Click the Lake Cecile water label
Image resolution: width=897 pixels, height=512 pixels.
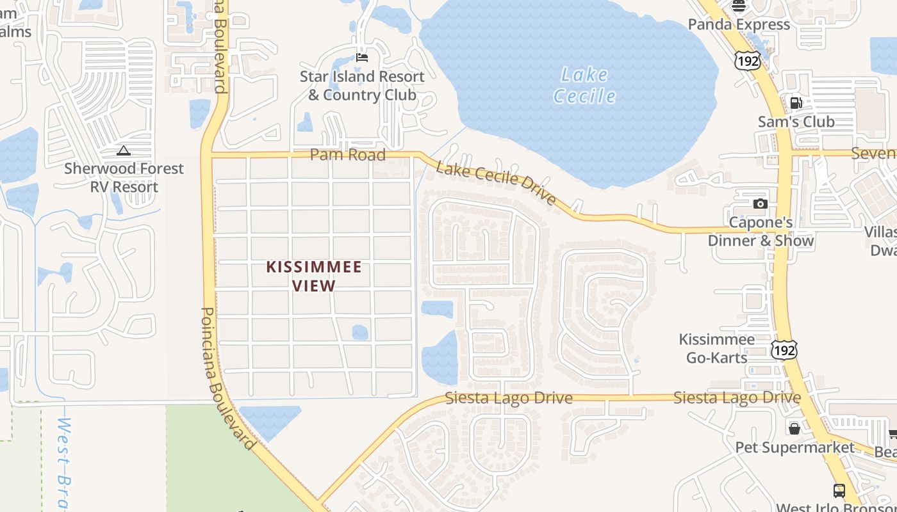pyautogui.click(x=584, y=85)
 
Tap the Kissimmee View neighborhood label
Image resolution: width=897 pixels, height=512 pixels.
pyautogui.click(x=314, y=276)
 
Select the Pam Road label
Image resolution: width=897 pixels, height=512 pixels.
pyautogui.click(x=347, y=155)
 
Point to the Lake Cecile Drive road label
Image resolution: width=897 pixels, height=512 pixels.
pyautogui.click(x=496, y=183)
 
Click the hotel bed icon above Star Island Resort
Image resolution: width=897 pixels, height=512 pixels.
pyautogui.click(x=362, y=58)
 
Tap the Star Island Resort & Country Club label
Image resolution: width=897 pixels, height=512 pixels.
pyautogui.click(x=362, y=86)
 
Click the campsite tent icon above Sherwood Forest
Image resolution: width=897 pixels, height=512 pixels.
pyautogui.click(x=124, y=150)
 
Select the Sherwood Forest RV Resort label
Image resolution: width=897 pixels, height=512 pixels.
pyautogui.click(x=124, y=178)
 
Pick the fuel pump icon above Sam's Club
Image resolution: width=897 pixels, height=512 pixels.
pyautogui.click(x=796, y=102)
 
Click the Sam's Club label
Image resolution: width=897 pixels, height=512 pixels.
pyautogui.click(x=796, y=122)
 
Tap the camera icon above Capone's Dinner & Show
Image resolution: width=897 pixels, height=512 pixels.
pyautogui.click(x=761, y=204)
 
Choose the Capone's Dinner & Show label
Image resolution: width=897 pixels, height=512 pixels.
pyautogui.click(x=761, y=232)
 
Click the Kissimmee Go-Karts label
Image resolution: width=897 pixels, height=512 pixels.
pyautogui.click(x=717, y=348)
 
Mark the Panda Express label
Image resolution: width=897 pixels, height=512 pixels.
pyautogui.click(x=739, y=24)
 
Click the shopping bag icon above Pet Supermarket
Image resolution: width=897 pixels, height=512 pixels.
pyautogui.click(x=794, y=428)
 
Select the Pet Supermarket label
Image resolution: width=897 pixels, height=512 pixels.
pyautogui.click(x=794, y=447)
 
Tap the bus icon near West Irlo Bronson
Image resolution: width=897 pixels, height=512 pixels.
pyautogui.click(x=839, y=491)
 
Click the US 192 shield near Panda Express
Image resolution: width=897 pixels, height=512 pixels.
pyautogui.click(x=747, y=61)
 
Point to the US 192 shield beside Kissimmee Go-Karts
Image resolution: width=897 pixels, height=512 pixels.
pyautogui.click(x=785, y=349)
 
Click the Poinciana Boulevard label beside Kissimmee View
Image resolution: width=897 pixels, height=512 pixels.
pyautogui.click(x=227, y=378)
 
